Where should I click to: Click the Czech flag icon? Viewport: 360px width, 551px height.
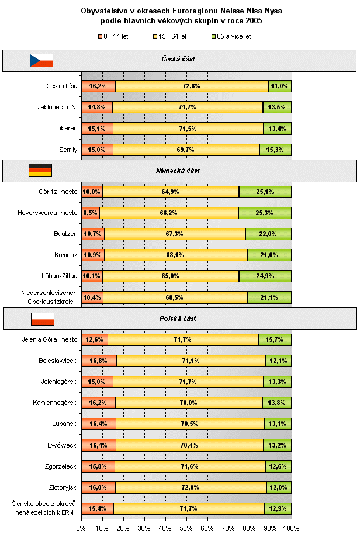pyautogui.click(x=41, y=60)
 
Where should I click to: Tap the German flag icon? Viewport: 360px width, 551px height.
pyautogui.click(x=40, y=170)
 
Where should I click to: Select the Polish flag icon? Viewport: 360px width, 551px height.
pyautogui.click(x=42, y=318)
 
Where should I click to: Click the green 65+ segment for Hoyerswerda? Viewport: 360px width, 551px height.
pyautogui.click(x=265, y=213)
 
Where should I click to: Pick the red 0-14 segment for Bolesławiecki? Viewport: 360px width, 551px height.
pyautogui.click(x=99, y=361)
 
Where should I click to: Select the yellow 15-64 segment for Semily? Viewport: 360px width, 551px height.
pyautogui.click(x=186, y=150)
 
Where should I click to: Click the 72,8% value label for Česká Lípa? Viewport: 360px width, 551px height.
pyautogui.click(x=192, y=86)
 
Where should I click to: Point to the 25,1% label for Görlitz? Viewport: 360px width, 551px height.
pyautogui.click(x=265, y=192)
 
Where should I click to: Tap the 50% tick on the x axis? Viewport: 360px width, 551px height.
pyautogui.click(x=186, y=528)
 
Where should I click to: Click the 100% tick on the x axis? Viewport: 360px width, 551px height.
pyautogui.click(x=290, y=528)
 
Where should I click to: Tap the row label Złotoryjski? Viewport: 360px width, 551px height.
pyautogui.click(x=61, y=487)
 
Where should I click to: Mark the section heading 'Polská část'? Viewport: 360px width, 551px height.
pyautogui.click(x=178, y=318)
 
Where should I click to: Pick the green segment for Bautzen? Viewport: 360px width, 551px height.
pyautogui.click(x=268, y=234)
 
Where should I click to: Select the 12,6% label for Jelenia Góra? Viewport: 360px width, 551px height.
pyautogui.click(x=95, y=339)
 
